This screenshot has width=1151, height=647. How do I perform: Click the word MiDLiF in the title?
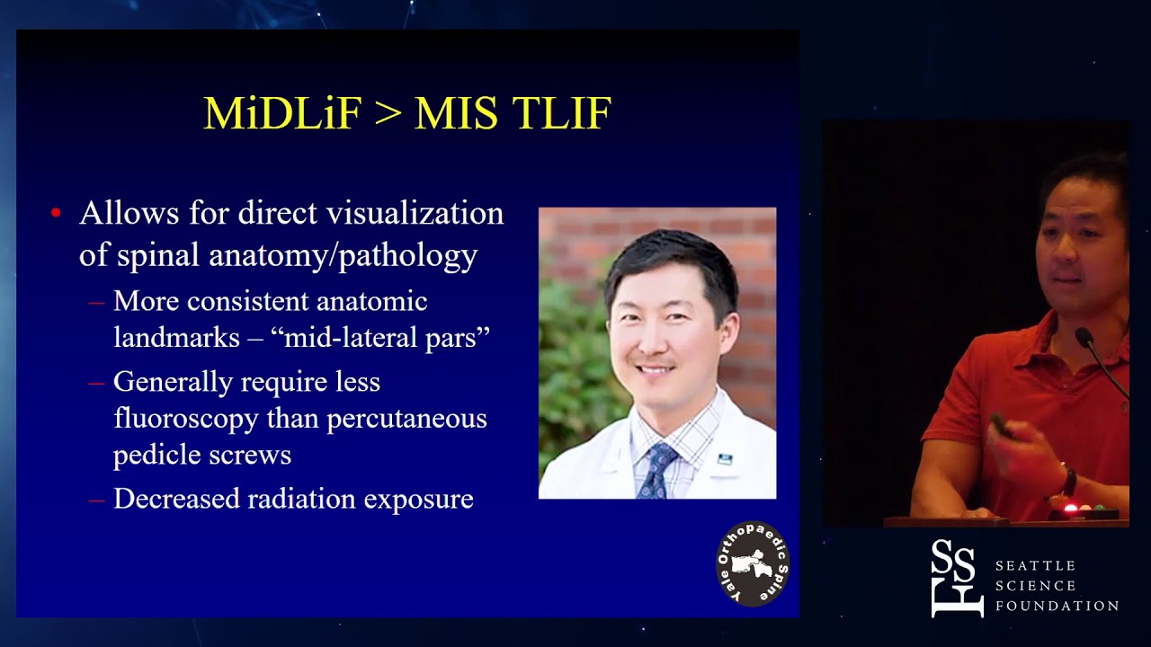point(281,114)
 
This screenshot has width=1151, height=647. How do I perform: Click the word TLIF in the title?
point(562,114)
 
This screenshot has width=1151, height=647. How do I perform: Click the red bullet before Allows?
point(56,214)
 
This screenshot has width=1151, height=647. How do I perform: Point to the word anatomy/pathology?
point(343,255)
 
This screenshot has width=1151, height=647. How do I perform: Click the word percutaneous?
point(406,418)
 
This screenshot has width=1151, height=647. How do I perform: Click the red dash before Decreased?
point(96,500)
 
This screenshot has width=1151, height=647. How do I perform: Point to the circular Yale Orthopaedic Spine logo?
point(753,563)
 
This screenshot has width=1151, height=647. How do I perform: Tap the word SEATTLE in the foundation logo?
point(1035,565)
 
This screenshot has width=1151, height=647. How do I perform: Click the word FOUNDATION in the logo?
point(1057,606)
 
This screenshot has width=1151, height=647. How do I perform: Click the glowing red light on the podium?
point(1070,510)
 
